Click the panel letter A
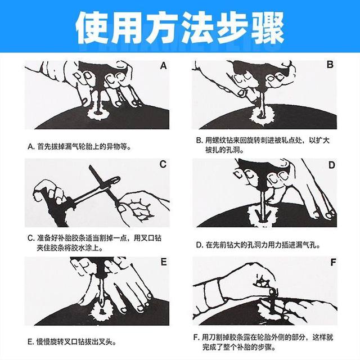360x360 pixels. pos(163,65)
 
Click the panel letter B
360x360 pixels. pos(330,65)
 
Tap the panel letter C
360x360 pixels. pos(163,164)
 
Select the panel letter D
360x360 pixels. pos(331,165)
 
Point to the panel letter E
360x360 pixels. pos(163,262)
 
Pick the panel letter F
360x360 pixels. pos(331,262)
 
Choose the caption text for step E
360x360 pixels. pos(76,341)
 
